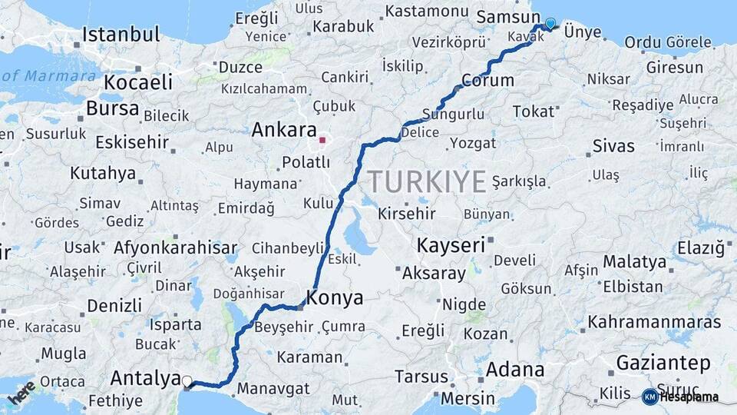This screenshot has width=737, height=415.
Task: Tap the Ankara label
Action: [283, 130]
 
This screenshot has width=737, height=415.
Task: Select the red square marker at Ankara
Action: [323, 141]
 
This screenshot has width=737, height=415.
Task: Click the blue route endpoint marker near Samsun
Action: [550, 23]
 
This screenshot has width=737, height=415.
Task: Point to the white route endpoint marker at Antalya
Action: [187, 380]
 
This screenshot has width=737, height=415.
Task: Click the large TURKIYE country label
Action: [426, 181]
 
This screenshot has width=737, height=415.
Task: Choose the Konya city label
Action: [335, 297]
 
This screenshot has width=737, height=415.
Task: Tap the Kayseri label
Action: [451, 246]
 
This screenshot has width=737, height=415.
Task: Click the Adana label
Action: [514, 370]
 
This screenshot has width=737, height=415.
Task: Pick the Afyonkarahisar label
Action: [175, 247]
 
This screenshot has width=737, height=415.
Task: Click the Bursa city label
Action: [112, 108]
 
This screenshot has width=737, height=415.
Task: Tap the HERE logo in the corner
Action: [21, 392]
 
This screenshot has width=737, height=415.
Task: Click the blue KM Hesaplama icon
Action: [649, 397]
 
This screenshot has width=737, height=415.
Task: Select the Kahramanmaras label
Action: [655, 322]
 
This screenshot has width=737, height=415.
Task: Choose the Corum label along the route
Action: [487, 80]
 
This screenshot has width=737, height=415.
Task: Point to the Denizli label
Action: [114, 305]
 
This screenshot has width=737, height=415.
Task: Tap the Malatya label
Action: [634, 262]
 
